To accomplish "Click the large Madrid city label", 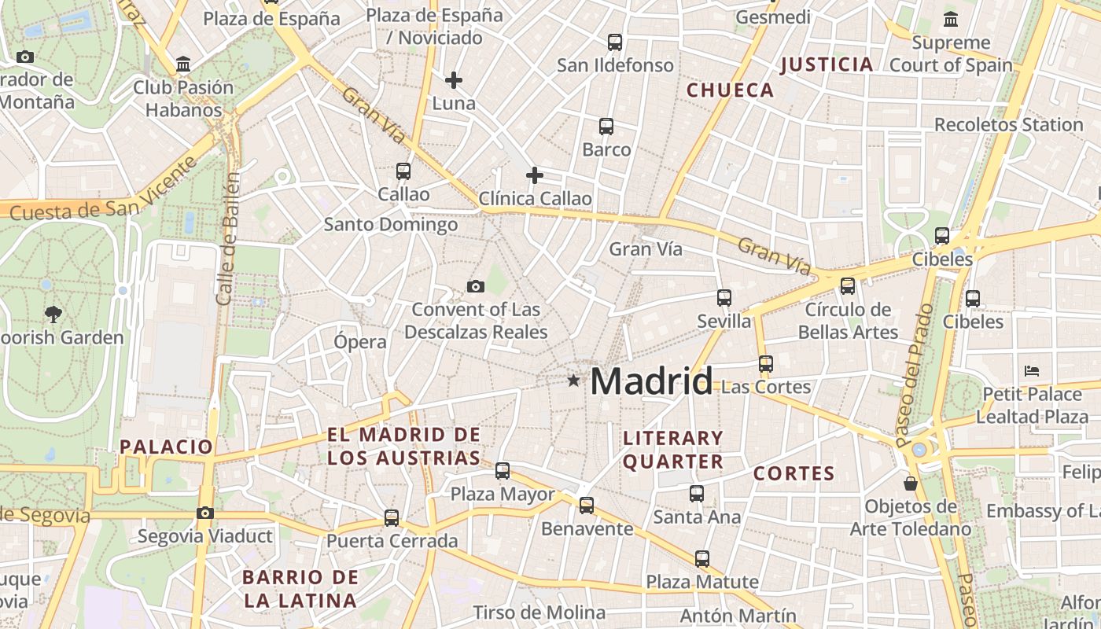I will (651, 381).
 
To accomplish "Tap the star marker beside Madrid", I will (574, 381).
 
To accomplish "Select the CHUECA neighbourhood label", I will (731, 90).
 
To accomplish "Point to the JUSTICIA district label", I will (827, 64).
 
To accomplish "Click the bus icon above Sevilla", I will (724, 298).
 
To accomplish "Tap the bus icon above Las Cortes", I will (766, 364).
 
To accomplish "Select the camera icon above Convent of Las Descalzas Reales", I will (476, 286).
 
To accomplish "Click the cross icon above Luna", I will (454, 80).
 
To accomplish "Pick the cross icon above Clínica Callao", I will (535, 175).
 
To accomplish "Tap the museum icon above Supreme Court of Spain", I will (951, 20).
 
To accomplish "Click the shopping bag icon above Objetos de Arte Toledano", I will (911, 483).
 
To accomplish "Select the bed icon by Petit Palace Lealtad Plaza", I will (1032, 370).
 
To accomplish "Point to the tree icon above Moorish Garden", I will (53, 314).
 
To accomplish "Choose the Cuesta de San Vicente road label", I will (104, 193).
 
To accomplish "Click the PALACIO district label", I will (167, 447).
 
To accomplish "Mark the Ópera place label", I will (360, 342).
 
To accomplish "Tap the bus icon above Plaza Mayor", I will (503, 471).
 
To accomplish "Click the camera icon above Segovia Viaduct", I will (205, 513).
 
